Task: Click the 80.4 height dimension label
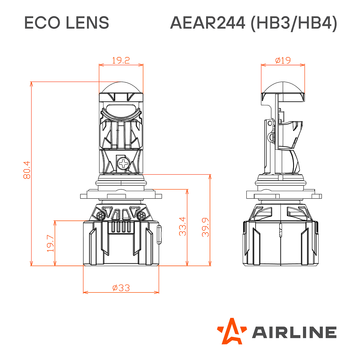(x=27, y=170)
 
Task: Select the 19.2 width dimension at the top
(x=121, y=60)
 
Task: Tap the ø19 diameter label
(x=283, y=60)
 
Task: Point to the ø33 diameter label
(x=121, y=288)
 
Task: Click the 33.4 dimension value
(x=183, y=226)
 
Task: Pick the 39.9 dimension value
(x=205, y=227)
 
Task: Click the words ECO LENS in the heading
(x=66, y=23)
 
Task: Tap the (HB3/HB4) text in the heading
(x=294, y=23)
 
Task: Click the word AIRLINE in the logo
(x=294, y=332)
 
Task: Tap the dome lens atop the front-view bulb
(x=121, y=88)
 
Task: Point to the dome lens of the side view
(x=283, y=87)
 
